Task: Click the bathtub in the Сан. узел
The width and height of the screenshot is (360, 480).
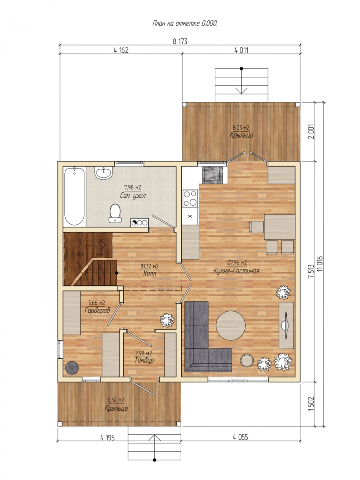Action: coord(74,196)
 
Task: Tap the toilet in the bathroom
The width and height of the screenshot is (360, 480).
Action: coord(115,214)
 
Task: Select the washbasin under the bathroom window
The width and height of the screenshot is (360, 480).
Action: coord(104,173)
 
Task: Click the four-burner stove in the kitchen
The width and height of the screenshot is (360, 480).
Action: coord(190,198)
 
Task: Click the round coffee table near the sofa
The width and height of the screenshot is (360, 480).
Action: coord(231,326)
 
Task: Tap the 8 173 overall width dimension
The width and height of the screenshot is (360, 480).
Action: coord(180,41)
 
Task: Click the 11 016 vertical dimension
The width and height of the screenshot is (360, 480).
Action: coord(321,264)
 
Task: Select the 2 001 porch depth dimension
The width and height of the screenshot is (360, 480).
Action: coord(312,132)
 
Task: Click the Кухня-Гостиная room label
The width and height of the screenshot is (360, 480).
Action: coord(236,271)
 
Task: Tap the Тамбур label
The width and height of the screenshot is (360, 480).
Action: coord(144,360)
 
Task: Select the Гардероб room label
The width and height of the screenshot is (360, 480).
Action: coord(97,310)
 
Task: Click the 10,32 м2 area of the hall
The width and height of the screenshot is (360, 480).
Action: coord(150,266)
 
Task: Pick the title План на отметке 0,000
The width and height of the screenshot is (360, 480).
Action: coord(185,23)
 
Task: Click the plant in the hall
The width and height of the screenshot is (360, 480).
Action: coord(167,320)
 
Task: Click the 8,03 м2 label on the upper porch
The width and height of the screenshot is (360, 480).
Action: coord(241,128)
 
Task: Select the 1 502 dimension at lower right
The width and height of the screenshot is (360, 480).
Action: coord(312,404)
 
